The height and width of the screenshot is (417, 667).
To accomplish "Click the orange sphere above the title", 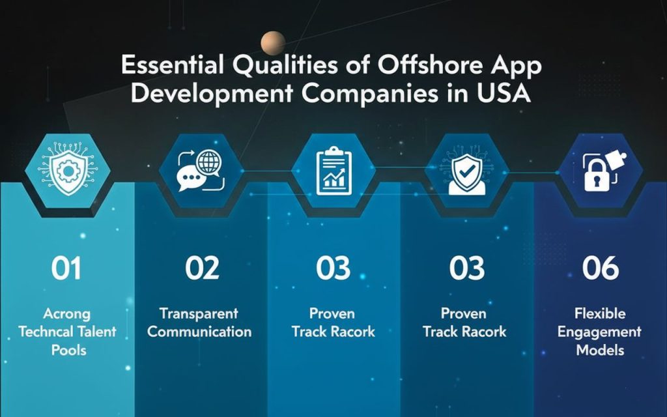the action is pyautogui.click(x=273, y=43).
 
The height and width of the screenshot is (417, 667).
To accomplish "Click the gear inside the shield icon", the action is pyautogui.click(x=68, y=171).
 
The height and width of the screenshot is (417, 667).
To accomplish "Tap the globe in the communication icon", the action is pyautogui.click(x=208, y=162).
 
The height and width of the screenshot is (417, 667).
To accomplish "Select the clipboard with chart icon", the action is pyautogui.click(x=334, y=171).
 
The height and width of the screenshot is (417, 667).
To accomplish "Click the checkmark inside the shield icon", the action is pyautogui.click(x=467, y=171).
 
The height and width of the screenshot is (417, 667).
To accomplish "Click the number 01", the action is pyautogui.click(x=66, y=268).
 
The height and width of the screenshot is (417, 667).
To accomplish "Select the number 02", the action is pyautogui.click(x=202, y=268).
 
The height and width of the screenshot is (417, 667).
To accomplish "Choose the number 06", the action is pyautogui.click(x=601, y=268).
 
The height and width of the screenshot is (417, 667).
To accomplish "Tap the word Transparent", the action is pyautogui.click(x=199, y=313).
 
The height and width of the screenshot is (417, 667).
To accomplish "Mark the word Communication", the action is pyautogui.click(x=199, y=332).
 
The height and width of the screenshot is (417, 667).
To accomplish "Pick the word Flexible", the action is pyautogui.click(x=600, y=313).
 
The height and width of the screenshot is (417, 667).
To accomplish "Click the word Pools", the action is pyautogui.click(x=68, y=350).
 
